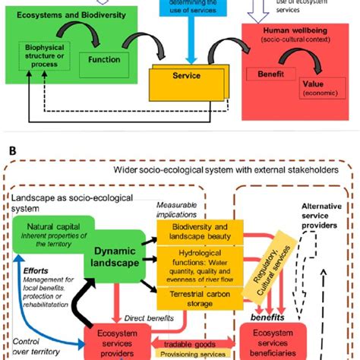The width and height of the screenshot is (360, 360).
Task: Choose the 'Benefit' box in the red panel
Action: [269, 77]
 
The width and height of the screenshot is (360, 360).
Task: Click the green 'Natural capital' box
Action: [49, 230]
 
